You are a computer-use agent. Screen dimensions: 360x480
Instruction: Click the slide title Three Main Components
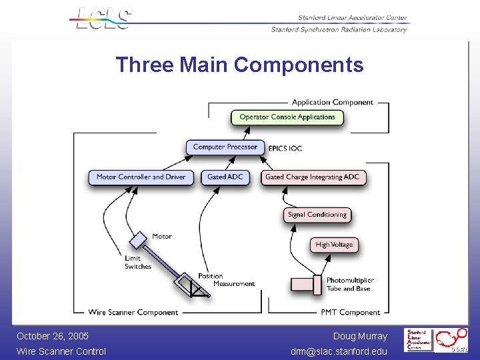pos(239,65)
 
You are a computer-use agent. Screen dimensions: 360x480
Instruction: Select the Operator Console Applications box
pos(287,117)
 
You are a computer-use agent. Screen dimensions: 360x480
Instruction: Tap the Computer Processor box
pos(225,147)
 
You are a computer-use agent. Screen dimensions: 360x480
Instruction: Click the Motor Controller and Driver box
pos(141,177)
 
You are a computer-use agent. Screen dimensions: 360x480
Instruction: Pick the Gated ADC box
pos(225,177)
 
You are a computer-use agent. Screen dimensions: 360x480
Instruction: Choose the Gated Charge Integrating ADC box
pos(312,177)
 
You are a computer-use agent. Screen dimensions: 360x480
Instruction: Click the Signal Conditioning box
pos(317,215)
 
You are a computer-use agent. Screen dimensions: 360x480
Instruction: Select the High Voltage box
pos(334,245)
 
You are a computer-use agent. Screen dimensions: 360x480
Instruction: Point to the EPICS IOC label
pos(285,148)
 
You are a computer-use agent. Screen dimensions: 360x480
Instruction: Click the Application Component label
pos(332,103)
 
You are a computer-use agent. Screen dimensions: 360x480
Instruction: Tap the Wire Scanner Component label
pos(133,312)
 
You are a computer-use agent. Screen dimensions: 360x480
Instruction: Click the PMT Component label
pos(350,312)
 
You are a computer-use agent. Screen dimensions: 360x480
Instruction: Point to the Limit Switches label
pos(138,263)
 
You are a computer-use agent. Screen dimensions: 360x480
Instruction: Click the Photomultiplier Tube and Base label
pos(350,285)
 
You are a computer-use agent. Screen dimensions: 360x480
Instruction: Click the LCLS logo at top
pos(103,18)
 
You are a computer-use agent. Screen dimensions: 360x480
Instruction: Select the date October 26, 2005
pos(53,336)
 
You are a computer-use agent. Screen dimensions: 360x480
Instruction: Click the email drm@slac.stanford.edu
pos(339,351)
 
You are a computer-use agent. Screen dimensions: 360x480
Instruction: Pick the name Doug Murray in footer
pos(360,336)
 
